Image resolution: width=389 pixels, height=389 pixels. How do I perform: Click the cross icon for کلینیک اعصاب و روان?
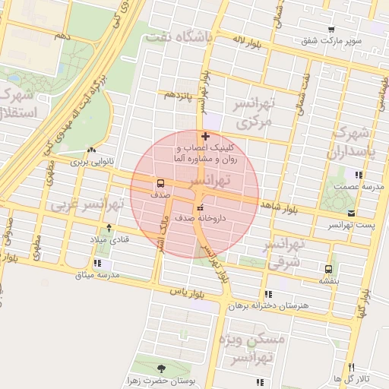tap(205, 137)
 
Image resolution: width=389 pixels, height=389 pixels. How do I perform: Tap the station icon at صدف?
tap(160, 183)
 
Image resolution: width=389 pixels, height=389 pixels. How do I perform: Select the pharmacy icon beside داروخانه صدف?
tap(200, 207)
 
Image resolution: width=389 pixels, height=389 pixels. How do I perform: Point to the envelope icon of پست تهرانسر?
tap(350, 213)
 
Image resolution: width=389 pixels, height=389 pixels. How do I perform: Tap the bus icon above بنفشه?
tap(328, 268)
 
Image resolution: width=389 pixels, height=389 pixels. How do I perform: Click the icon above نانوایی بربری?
tap(91, 150)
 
